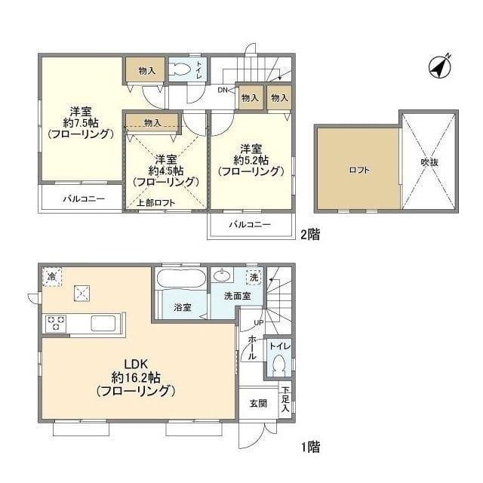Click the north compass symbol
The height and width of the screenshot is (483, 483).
(x=440, y=66)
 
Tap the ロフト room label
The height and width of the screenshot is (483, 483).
(x=359, y=170)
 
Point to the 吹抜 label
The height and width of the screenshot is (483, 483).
(x=429, y=162)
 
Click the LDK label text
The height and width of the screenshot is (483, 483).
(x=136, y=364)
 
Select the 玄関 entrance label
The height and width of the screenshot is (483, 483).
(x=258, y=403)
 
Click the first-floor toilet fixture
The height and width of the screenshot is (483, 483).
(x=279, y=365)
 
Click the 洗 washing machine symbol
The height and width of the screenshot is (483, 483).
(x=254, y=277)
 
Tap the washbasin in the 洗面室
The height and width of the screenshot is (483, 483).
(x=221, y=275)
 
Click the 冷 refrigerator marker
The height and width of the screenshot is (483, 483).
(x=52, y=277)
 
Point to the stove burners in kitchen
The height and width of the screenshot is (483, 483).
(x=56, y=324)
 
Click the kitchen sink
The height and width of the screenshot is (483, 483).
(x=103, y=324)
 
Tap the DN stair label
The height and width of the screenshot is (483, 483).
(x=222, y=90)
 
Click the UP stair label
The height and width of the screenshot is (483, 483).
(x=258, y=322)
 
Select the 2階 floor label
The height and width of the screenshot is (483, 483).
(x=310, y=235)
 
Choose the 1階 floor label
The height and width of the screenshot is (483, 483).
(x=310, y=447)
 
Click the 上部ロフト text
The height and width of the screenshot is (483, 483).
(x=156, y=203)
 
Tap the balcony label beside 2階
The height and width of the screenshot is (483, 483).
(x=250, y=224)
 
